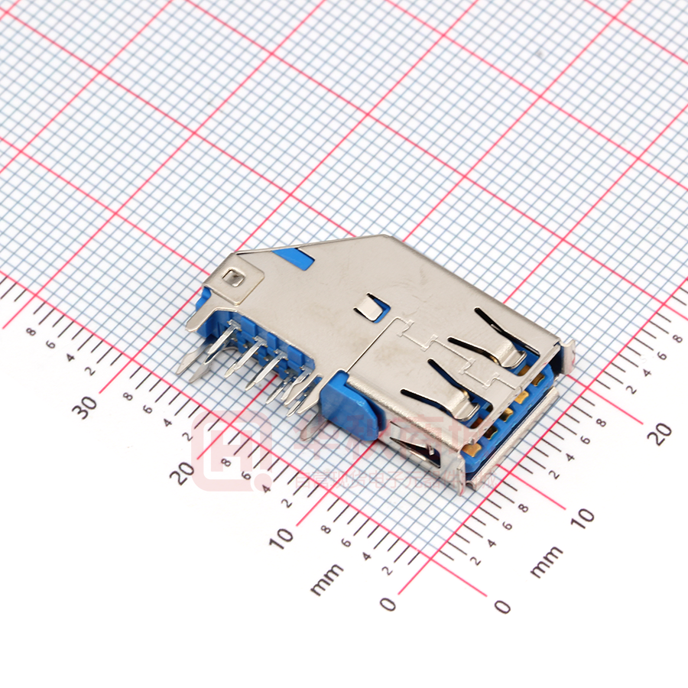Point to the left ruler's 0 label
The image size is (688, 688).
pyautogui.click(x=388, y=604)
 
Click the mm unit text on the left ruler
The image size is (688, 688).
pyautogui.click(x=327, y=579)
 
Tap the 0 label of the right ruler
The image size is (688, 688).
pyautogui.click(x=501, y=606)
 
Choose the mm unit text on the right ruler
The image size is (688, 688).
pyautogui.click(x=547, y=561)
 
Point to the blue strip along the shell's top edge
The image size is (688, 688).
pyautogui.click(x=295, y=255)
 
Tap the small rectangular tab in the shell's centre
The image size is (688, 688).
pyautogui.click(x=371, y=308)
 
